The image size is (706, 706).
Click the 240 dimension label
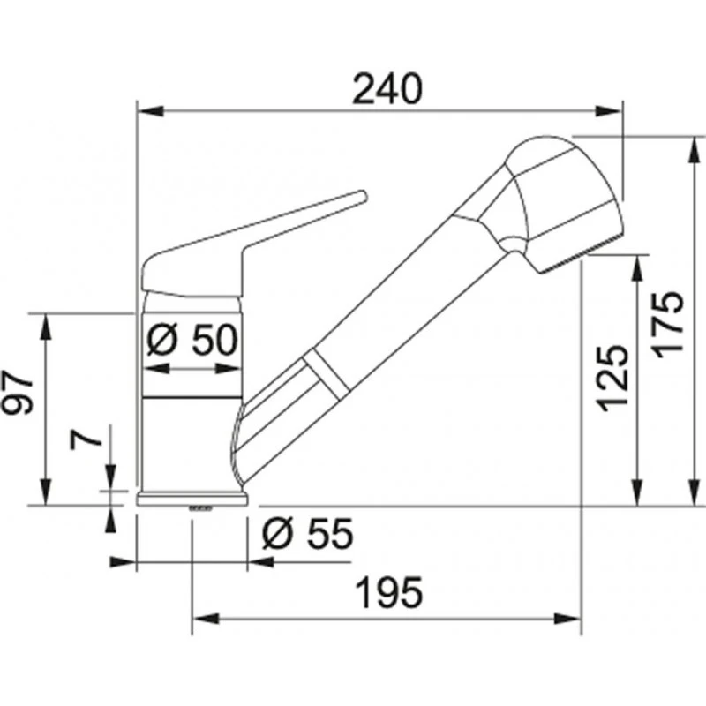[x=387, y=89]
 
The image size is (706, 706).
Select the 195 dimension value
[x=390, y=591]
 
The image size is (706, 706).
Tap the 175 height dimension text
[x=669, y=325]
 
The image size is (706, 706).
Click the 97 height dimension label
[x=18, y=392]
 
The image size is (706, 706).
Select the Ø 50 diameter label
[x=192, y=340]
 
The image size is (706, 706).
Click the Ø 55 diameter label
[x=308, y=534]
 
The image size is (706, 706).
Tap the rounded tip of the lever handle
[x=363, y=196]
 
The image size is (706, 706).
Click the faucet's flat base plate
[x=192, y=499]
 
